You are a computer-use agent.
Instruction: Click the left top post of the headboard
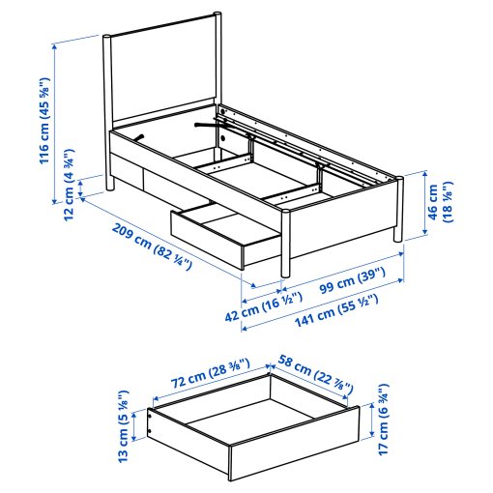[x=104, y=40]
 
